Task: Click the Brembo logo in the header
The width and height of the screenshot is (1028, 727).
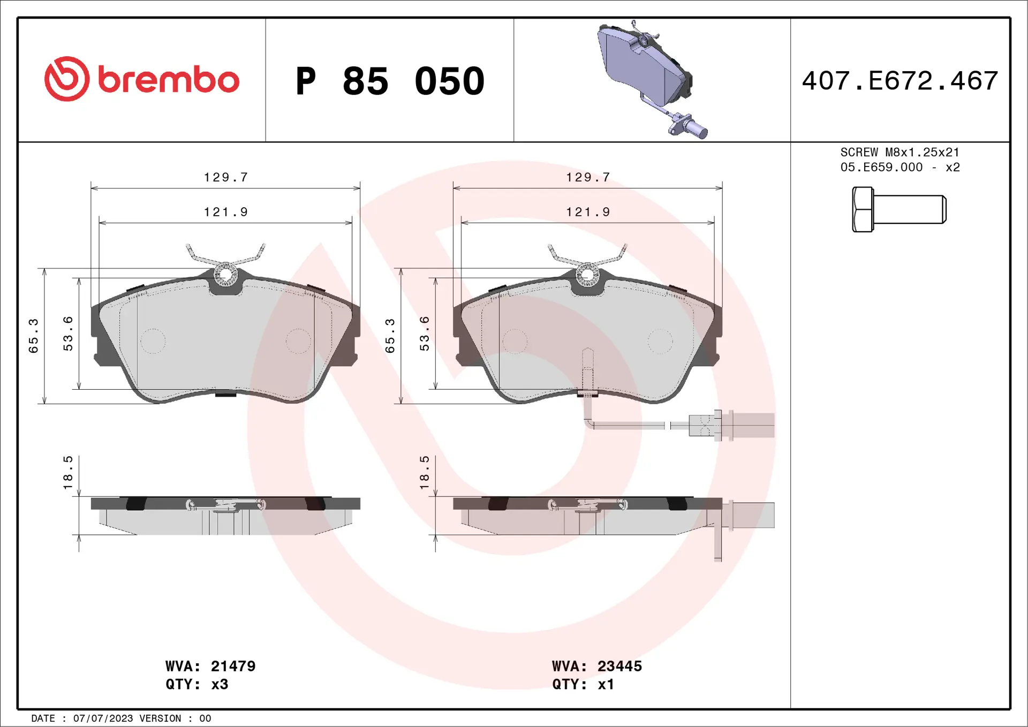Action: pyautogui.click(x=141, y=79)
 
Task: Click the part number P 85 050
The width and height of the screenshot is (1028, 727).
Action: pyautogui.click(x=390, y=81)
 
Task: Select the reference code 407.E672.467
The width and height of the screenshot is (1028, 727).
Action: pyautogui.click(x=899, y=81)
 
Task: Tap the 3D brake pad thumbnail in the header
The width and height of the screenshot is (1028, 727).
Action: pyautogui.click(x=651, y=79)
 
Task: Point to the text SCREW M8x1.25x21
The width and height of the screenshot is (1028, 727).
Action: pyautogui.click(x=899, y=153)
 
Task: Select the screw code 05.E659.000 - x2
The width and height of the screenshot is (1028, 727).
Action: pyautogui.click(x=899, y=168)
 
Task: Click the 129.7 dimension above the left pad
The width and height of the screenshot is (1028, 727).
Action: pyautogui.click(x=225, y=177)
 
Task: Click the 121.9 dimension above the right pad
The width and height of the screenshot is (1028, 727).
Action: pyautogui.click(x=587, y=212)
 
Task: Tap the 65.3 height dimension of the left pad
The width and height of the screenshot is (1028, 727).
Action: pyautogui.click(x=33, y=336)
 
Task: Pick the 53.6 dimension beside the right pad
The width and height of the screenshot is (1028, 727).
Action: pyautogui.click(x=424, y=334)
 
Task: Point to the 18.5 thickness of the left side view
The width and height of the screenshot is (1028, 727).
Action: pyautogui.click(x=67, y=472)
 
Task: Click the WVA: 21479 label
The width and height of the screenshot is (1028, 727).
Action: pyautogui.click(x=210, y=666)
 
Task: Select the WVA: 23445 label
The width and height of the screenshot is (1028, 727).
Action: pyautogui.click(x=596, y=666)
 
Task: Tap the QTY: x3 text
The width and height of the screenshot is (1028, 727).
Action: pyautogui.click(x=196, y=684)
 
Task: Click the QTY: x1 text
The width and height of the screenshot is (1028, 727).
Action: pyautogui.click(x=583, y=684)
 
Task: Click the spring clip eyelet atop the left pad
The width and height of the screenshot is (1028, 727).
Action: pyautogui.click(x=225, y=275)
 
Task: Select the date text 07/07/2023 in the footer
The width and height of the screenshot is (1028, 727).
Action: pyautogui.click(x=103, y=718)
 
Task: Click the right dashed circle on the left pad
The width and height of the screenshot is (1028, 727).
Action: pyautogui.click(x=298, y=341)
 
